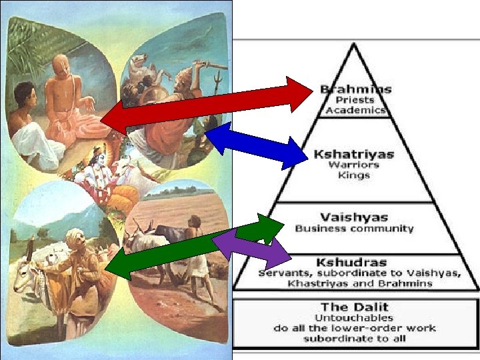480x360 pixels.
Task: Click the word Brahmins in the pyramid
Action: [x=355, y=89]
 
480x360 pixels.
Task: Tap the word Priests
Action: [x=355, y=99]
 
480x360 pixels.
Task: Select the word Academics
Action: [x=355, y=109]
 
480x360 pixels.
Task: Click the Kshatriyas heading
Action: [x=354, y=154]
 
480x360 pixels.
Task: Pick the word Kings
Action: [x=354, y=175]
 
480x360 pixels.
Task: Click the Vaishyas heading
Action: [x=354, y=217]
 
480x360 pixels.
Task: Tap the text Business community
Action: [x=354, y=228]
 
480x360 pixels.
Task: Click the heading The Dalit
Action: [x=353, y=307]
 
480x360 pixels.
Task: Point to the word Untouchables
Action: [x=353, y=317]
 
